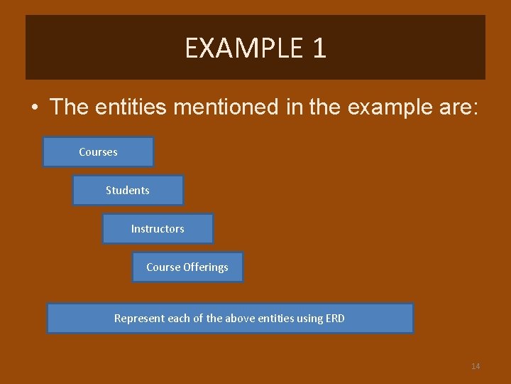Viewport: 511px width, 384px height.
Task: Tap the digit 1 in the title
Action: coord(319,48)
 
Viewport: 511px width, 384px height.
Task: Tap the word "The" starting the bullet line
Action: coord(68,107)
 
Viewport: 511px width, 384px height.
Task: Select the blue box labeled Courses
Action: coord(98,152)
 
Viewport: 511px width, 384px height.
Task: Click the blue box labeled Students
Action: coord(128,191)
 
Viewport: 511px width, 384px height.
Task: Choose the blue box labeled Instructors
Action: coord(158,229)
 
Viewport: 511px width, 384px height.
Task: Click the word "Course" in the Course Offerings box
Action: coord(163,267)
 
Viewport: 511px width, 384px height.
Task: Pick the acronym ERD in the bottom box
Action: coord(336,319)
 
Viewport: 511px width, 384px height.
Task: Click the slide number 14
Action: coord(476,366)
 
